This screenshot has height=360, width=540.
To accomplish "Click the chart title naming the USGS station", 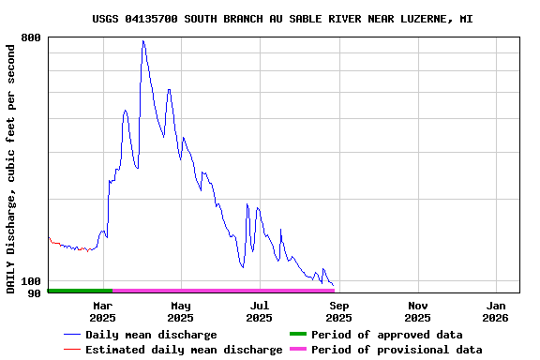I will coord(282,19).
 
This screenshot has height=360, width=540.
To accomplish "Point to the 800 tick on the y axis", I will coord(31,37).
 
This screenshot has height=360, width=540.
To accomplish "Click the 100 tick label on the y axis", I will coord(31,281).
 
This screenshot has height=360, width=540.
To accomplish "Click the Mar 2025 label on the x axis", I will coord(102,311).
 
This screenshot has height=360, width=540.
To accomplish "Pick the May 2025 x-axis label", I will coord(181,311).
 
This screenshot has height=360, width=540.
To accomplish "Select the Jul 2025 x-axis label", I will coord(260,311).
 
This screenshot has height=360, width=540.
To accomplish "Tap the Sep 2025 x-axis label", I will coord(339,311).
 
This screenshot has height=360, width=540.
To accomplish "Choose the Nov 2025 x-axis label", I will coord(418,311).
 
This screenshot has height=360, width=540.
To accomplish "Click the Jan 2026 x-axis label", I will coord(497,311).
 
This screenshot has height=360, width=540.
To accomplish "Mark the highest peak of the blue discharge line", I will coord(142,41).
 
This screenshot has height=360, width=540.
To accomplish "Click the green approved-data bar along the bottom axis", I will coord(80,291).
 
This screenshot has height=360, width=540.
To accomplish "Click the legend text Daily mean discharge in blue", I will coord(151,335).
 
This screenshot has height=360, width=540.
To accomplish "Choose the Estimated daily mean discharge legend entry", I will coord(184,350).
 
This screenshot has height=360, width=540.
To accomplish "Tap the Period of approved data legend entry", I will coord(386,335).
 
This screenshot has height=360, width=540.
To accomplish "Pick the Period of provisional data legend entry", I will coord(397,350).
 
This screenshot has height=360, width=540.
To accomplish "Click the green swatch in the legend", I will coord(297,335).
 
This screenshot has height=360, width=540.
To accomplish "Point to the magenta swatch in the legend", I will coord(297,350).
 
